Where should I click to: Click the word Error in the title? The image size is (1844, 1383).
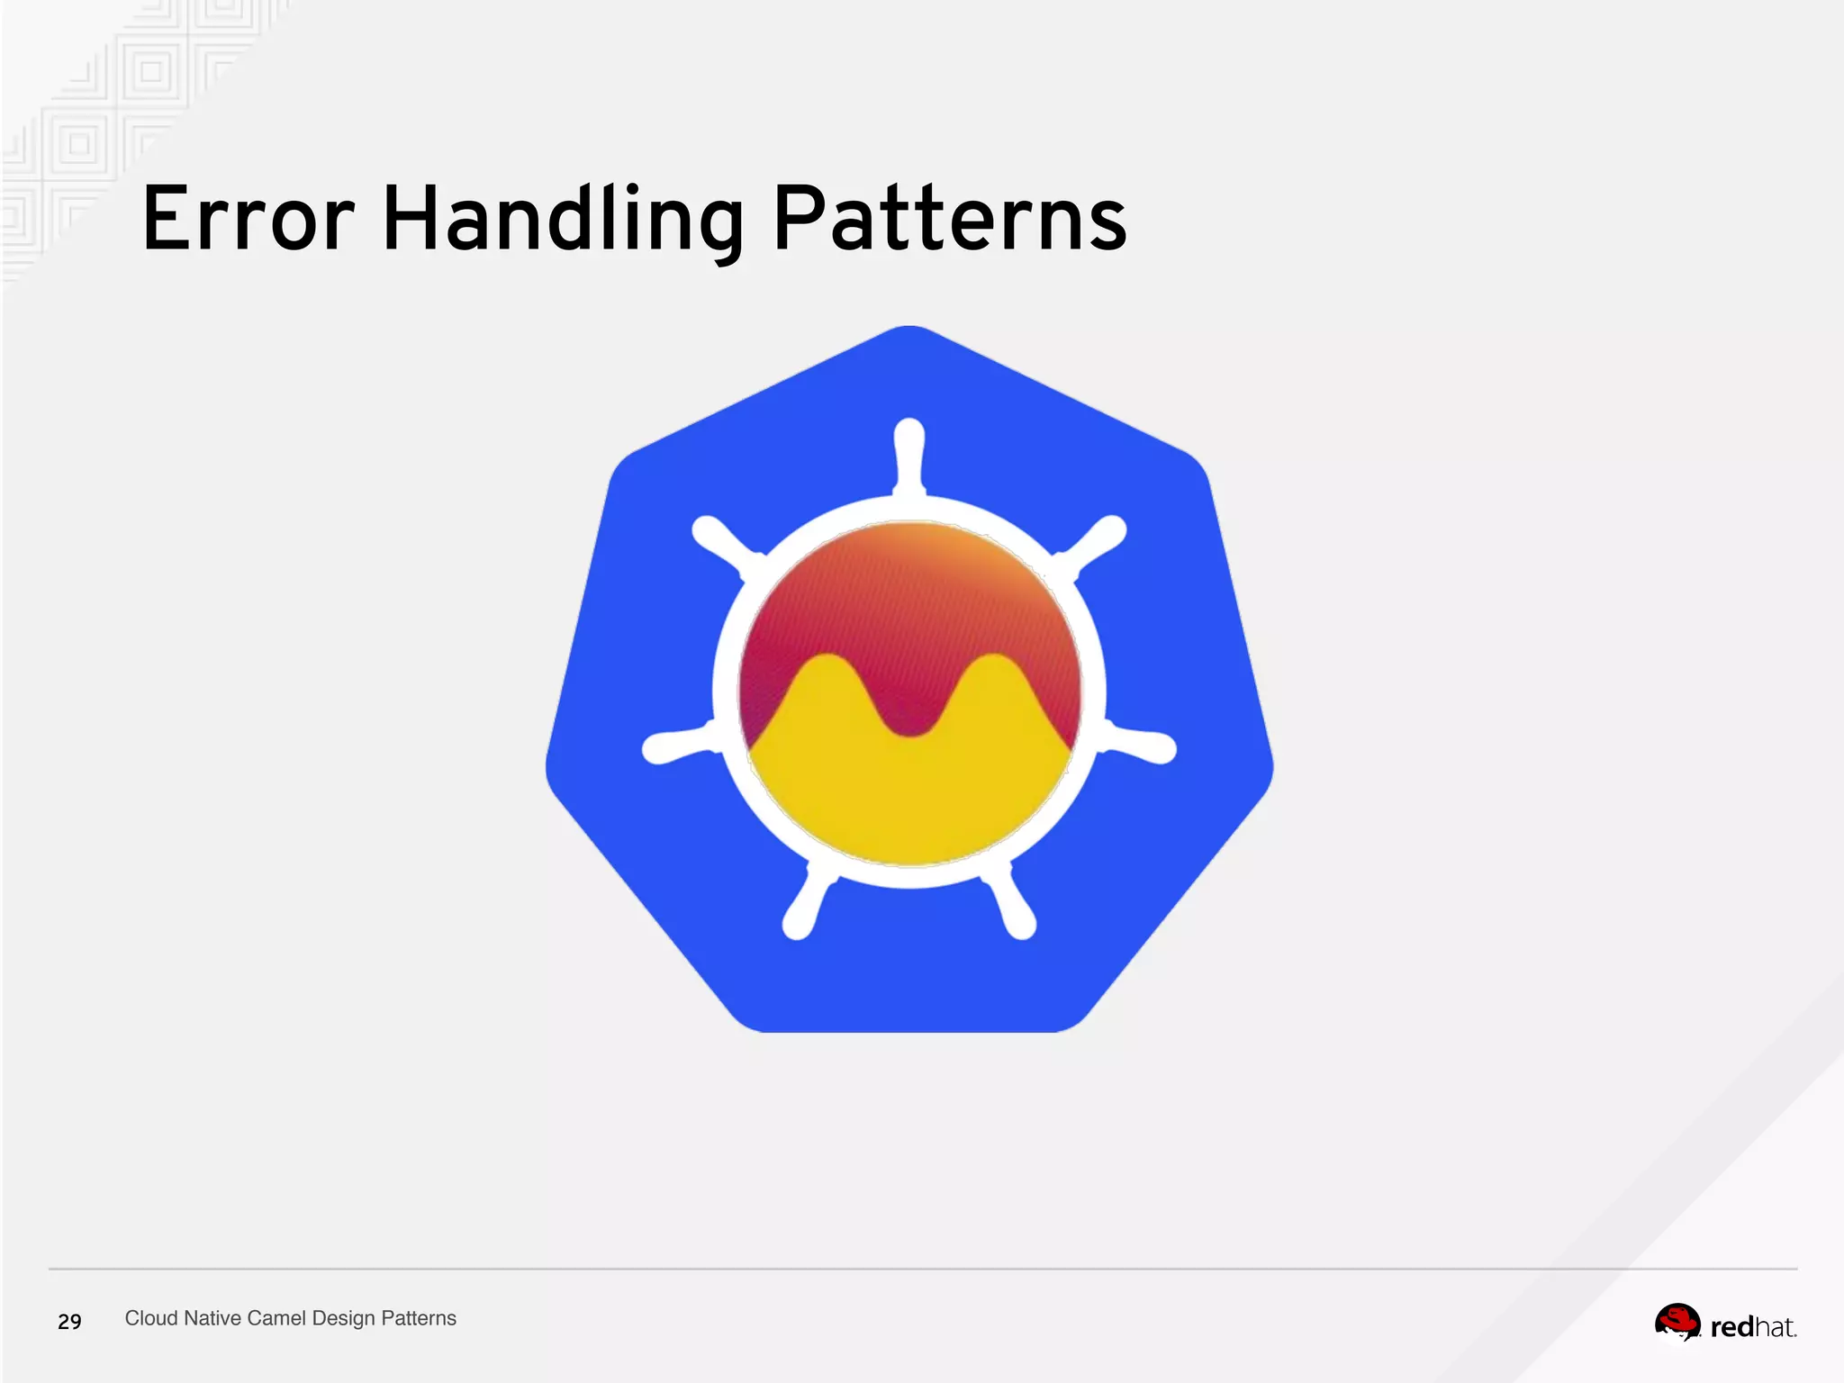click(249, 219)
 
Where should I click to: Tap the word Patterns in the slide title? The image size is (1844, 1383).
click(949, 219)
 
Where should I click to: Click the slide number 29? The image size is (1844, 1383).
click(69, 1321)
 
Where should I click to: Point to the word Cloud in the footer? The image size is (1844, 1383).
click(151, 1318)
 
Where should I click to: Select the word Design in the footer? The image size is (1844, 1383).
click(343, 1318)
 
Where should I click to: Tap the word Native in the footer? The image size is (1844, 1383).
click(212, 1318)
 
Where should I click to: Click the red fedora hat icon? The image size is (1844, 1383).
click(1677, 1322)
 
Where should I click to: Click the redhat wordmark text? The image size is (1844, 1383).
click(1752, 1327)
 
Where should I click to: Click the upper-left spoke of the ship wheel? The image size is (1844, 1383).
click(726, 541)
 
